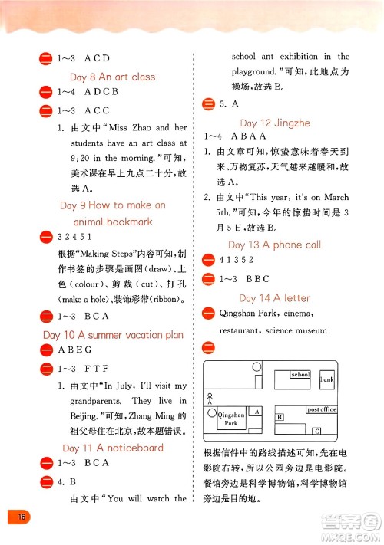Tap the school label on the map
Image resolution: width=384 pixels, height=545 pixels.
[300, 375]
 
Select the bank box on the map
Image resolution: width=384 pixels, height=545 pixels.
[327, 379]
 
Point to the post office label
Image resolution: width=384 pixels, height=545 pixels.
[322, 409]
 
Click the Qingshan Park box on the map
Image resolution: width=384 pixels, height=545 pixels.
[230, 419]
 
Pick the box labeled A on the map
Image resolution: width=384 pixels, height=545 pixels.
[257, 412]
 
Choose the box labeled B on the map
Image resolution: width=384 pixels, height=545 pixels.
[280, 417]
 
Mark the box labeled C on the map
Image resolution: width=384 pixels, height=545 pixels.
[315, 431]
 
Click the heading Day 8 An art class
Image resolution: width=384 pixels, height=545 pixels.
[112, 77]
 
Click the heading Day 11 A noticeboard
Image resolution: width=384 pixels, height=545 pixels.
[112, 448]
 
